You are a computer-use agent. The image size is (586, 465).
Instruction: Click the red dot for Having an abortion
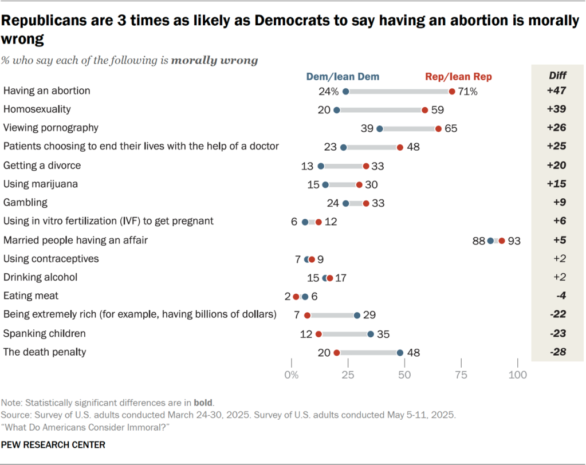click(452, 91)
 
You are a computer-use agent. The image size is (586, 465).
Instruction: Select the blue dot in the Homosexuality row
click(337, 110)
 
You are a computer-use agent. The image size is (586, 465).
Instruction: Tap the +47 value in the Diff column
click(556, 91)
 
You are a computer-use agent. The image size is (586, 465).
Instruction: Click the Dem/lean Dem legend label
click(343, 76)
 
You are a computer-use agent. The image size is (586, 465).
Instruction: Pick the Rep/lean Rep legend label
click(458, 76)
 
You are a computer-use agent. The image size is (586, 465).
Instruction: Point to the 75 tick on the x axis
click(461, 376)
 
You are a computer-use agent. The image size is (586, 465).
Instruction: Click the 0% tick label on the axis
click(292, 376)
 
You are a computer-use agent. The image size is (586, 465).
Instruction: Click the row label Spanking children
click(45, 333)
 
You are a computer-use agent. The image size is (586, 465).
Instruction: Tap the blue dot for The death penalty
click(400, 353)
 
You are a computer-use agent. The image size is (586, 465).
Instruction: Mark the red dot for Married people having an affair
click(502, 241)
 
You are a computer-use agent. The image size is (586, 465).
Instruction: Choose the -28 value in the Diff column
click(556, 352)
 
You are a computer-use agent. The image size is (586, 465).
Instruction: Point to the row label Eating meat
click(31, 296)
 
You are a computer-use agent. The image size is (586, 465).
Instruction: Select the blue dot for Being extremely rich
click(357, 315)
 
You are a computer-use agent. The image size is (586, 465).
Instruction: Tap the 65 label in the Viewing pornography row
click(451, 128)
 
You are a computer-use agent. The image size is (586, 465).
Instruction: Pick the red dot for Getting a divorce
click(366, 166)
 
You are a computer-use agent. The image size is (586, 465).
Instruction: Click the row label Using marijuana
click(41, 184)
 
